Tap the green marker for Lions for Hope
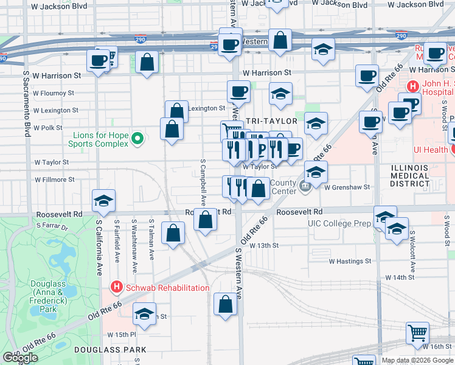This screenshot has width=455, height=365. point(138,139)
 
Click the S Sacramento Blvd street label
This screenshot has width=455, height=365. point(27,103)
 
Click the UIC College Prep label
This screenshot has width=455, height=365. point(339,223)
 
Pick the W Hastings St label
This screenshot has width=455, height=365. point(350,261)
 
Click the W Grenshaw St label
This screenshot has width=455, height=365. point(347,187)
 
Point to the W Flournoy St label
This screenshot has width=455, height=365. point(54,94)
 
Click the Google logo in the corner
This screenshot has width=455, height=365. point(21,358)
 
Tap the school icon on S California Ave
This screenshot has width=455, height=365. point(104,201)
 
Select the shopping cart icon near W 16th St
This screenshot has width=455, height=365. point(418,333)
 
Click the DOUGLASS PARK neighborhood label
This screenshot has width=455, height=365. point(110,350)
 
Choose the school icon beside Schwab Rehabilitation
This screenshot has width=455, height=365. point(144,313)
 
